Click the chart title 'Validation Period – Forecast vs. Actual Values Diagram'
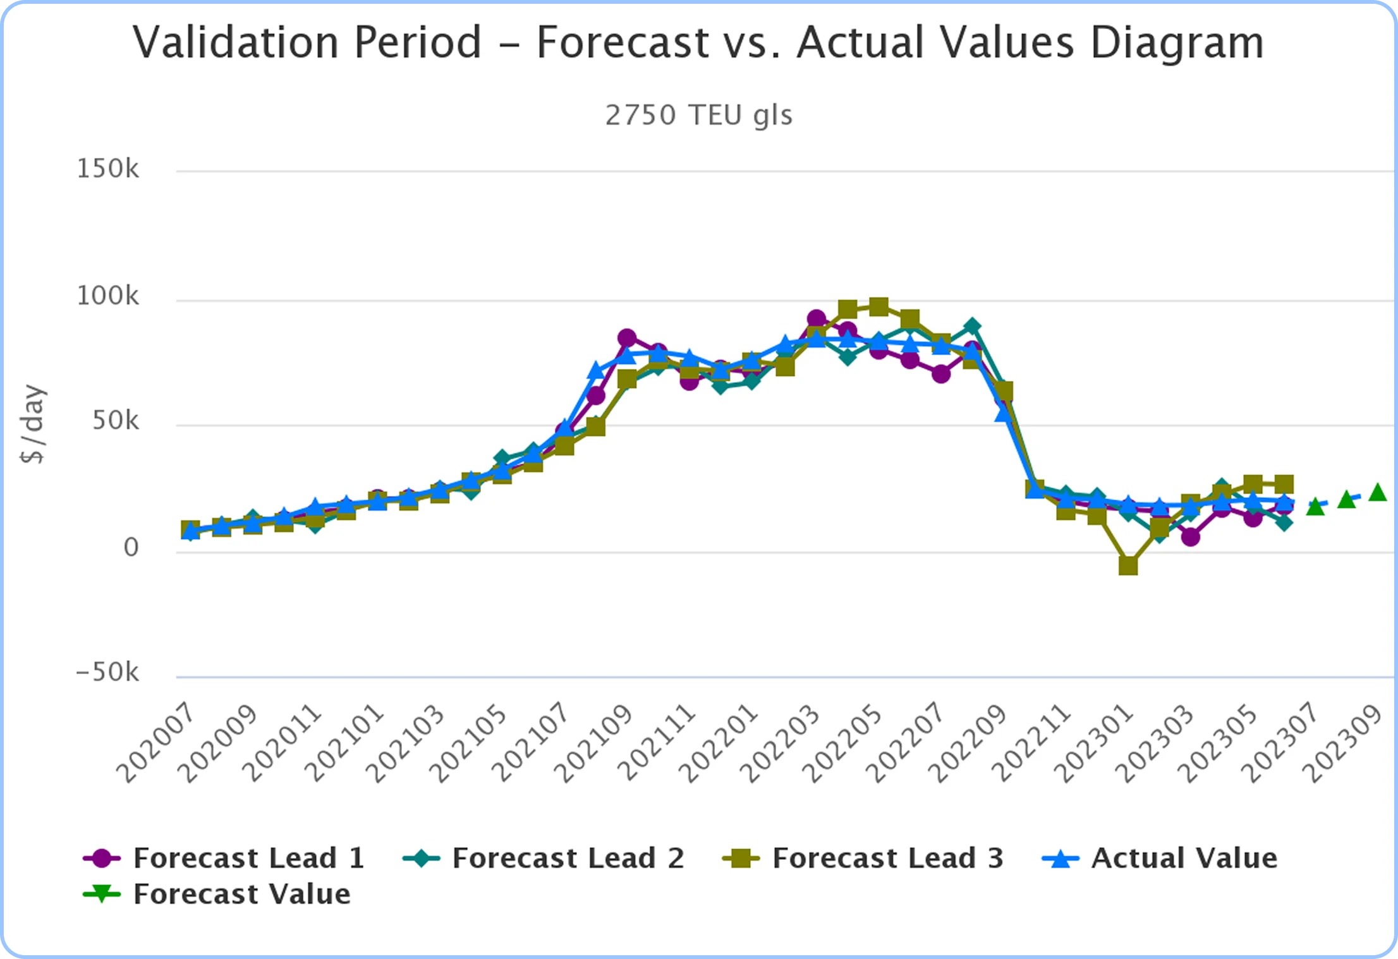point(698,43)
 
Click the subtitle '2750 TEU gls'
point(698,116)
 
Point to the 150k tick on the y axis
point(107,169)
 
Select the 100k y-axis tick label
point(107,296)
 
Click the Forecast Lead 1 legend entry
point(224,859)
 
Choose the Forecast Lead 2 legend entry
point(544,859)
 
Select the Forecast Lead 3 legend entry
point(863,859)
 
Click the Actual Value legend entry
point(1160,859)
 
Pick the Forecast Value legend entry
point(217,895)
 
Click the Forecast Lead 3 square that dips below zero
point(1128,565)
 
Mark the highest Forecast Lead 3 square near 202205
point(878,307)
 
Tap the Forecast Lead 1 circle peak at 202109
point(627,338)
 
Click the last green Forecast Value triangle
point(1378,492)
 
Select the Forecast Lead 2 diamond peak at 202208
point(973,327)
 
